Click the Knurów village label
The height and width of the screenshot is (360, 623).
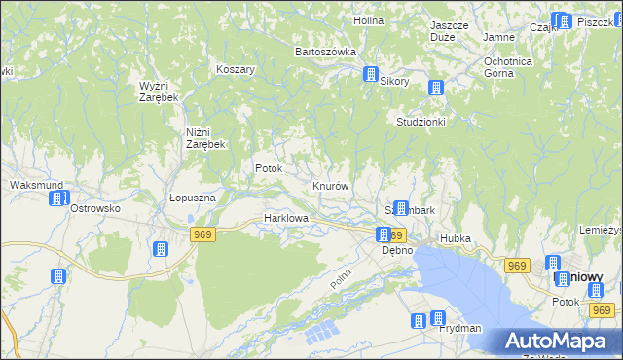point(331,185)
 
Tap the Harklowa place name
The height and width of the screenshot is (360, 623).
point(286,219)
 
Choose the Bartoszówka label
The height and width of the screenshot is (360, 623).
point(325,51)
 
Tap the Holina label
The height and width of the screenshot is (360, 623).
point(368,19)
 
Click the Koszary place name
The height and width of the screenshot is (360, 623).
point(236,70)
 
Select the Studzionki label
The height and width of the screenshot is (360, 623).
point(421,122)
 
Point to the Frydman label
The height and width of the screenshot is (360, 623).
point(459,329)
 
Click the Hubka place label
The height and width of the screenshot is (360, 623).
point(456,237)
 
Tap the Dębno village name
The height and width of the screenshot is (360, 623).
point(396,250)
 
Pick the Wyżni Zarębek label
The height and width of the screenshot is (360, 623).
point(157,91)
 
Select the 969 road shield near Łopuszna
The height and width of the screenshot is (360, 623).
point(202,234)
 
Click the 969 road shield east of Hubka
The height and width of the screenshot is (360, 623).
point(516,265)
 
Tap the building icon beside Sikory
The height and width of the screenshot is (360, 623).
point(371,74)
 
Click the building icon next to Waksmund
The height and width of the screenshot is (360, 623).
point(57,199)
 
